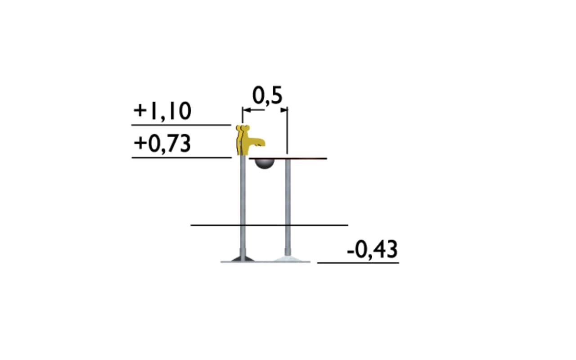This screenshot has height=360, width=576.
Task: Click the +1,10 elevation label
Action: click(162, 111)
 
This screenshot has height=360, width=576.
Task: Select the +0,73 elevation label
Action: click(162, 144)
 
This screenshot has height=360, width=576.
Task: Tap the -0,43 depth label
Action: click(372, 249)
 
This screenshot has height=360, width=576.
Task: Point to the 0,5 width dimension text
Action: click(267, 96)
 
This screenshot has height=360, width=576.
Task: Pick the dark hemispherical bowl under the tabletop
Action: click(264, 164)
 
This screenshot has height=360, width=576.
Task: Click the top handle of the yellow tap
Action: click(243, 127)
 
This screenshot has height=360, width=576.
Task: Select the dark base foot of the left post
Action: click(243, 259)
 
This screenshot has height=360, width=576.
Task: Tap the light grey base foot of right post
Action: click(288, 259)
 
